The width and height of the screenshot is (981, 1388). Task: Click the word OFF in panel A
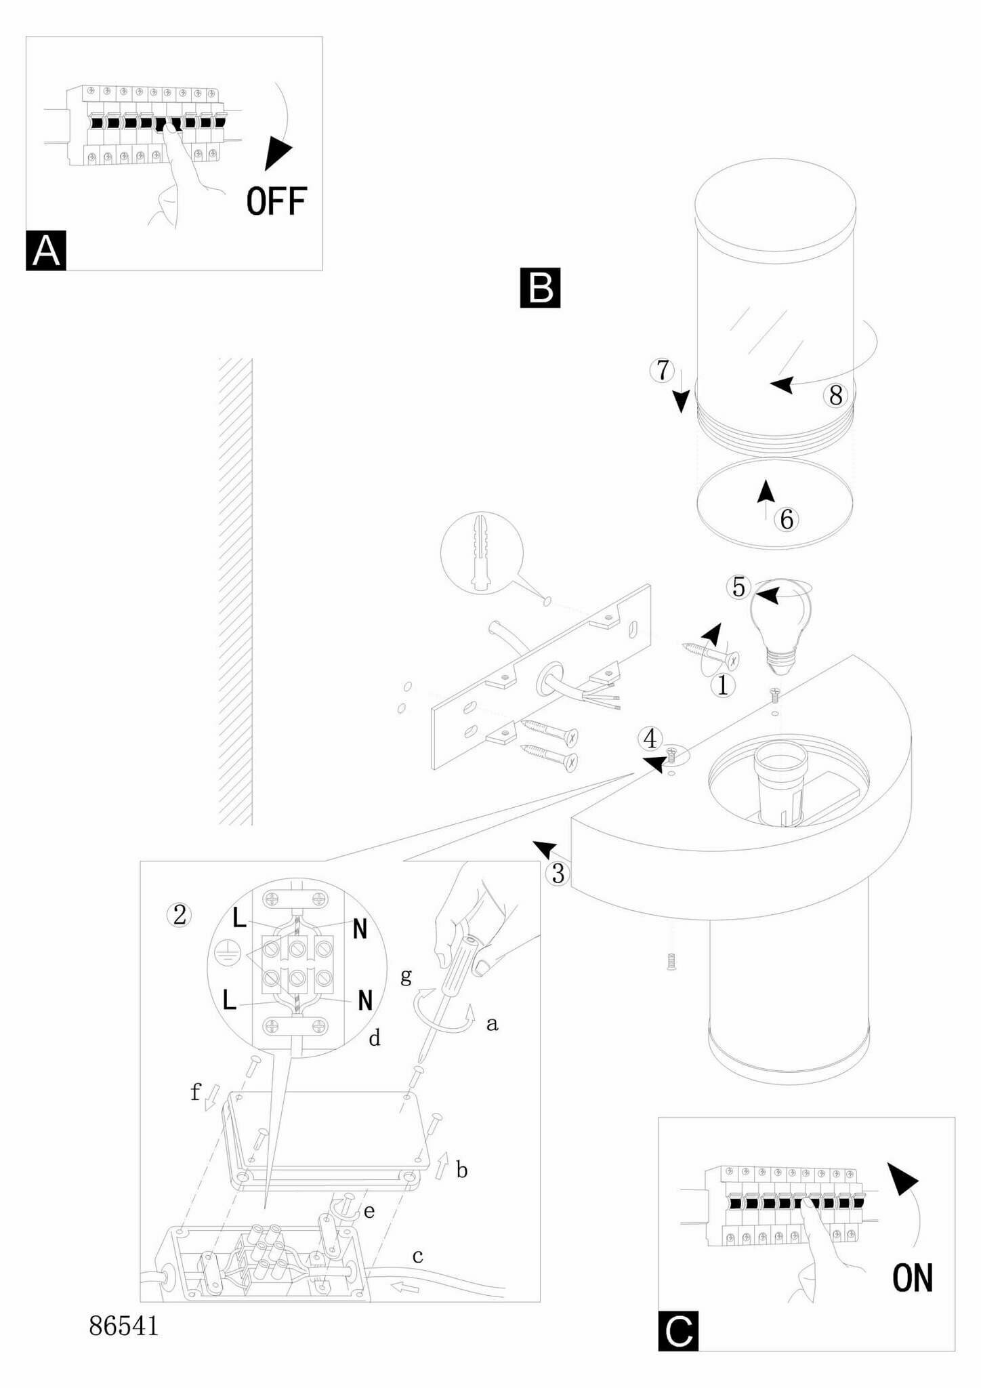click(276, 201)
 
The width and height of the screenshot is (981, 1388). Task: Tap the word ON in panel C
click(912, 1278)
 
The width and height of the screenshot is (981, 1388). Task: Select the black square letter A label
click(46, 251)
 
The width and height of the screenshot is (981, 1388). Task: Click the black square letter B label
click(540, 288)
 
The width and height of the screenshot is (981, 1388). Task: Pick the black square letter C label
click(678, 1331)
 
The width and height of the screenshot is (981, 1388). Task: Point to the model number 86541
click(124, 1326)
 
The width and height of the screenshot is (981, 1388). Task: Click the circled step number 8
click(836, 395)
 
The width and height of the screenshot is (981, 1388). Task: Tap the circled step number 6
click(787, 520)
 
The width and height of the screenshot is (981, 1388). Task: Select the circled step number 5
click(738, 587)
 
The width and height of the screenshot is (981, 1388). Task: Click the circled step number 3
click(558, 874)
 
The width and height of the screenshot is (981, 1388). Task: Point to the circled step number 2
click(180, 916)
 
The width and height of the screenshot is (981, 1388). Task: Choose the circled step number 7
click(663, 371)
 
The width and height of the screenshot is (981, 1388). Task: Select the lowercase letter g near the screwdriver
click(406, 976)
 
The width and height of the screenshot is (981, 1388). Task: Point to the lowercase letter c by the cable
click(417, 1257)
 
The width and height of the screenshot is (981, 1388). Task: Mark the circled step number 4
click(650, 739)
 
